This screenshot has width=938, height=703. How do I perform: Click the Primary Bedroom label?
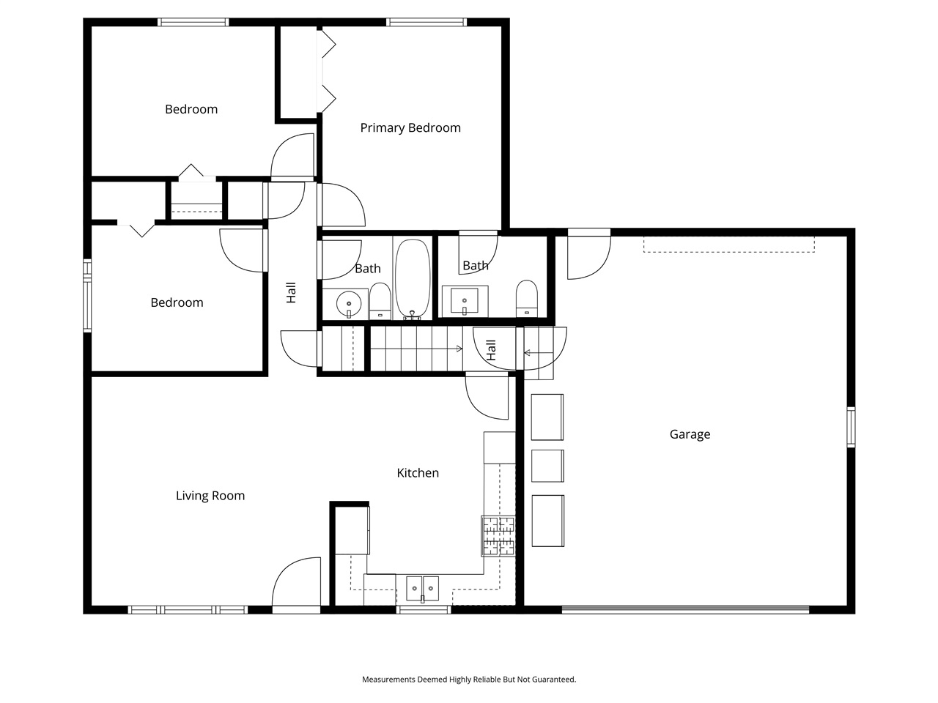click(410, 128)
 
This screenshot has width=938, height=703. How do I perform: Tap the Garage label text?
click(690, 434)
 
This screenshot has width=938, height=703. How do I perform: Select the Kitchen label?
click(418, 473)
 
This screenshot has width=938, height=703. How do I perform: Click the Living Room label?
click(210, 496)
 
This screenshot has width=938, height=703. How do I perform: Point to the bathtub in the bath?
click(413, 279)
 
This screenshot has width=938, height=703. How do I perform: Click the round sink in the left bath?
click(350, 302)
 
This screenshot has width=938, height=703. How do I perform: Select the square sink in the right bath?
click(465, 300)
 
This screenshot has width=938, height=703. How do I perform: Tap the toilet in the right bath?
click(526, 298)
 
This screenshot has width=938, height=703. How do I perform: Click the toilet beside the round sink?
click(380, 300)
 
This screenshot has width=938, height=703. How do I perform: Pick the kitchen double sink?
click(422, 587)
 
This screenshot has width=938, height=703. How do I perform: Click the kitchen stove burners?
click(498, 535)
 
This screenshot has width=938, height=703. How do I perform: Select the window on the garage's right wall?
click(851, 427)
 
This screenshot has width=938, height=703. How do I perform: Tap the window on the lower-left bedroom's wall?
click(87, 296)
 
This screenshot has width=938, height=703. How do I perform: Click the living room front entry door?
click(297, 586)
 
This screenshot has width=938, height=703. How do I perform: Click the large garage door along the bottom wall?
click(685, 609)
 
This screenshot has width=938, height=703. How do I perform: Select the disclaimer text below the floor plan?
click(469, 680)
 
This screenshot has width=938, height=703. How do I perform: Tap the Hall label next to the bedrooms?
click(291, 293)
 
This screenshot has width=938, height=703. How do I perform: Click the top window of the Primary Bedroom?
click(426, 22)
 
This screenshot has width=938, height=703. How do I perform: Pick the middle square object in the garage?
click(547, 466)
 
